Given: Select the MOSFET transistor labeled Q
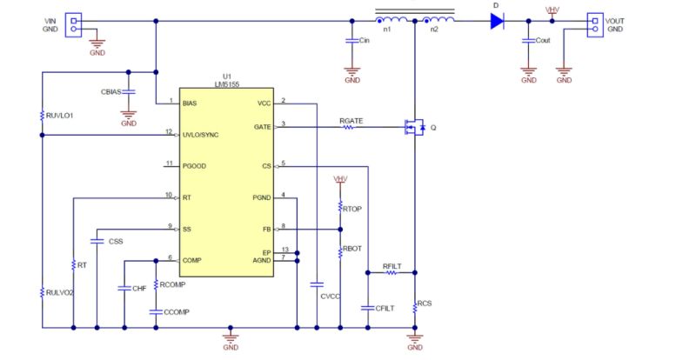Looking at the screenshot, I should point(412,127).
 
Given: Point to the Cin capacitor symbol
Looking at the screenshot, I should point(351,41).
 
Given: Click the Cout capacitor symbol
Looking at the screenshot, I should point(527,41).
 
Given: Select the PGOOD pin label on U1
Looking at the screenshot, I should point(195,164).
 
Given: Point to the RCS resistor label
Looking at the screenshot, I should point(425,304).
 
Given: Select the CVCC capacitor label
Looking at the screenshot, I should point(330,297).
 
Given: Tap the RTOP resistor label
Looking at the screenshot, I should point(351,209).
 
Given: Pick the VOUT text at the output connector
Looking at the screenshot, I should point(616,19).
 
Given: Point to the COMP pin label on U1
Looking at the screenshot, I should point(192,259).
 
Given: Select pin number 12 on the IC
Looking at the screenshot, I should point(169,131).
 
